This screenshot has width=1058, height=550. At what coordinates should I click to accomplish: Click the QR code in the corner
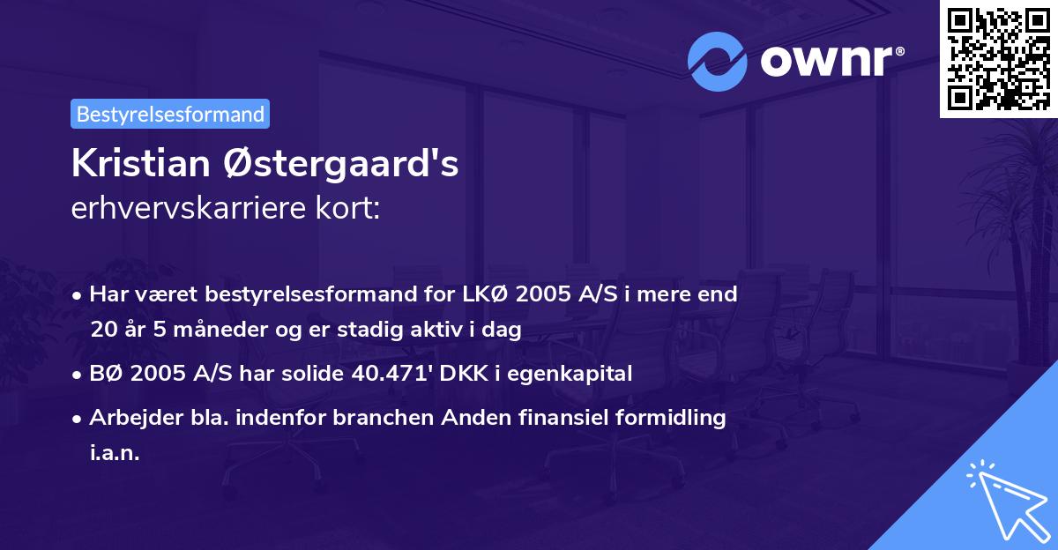click(x=998, y=58)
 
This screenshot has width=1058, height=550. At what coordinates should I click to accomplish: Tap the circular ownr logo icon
click(x=718, y=62)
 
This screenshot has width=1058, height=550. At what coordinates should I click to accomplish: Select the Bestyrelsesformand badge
click(x=170, y=114)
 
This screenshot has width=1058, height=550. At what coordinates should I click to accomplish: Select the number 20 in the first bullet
click(x=101, y=330)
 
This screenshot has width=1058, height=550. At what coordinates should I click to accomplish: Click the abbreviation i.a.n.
click(x=115, y=453)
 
